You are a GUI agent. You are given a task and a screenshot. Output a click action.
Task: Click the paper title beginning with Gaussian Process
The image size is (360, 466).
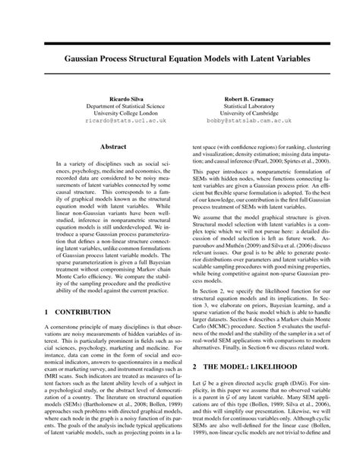180,57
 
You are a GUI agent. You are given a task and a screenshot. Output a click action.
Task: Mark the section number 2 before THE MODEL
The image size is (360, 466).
195,387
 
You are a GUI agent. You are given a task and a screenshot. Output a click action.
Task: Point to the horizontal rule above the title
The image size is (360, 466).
180,42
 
